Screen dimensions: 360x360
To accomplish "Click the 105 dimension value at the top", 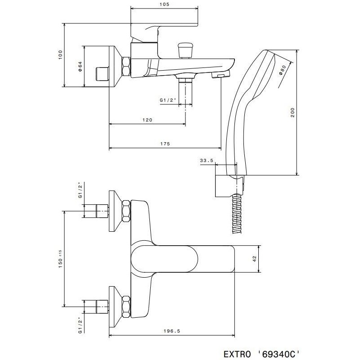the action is (x=164, y=4).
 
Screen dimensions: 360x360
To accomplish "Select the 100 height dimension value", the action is (x=60, y=55).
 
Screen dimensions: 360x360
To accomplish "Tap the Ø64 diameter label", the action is (x=80, y=67).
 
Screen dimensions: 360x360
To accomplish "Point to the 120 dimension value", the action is (x=147, y=120).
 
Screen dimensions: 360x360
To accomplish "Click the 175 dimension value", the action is (x=165, y=144).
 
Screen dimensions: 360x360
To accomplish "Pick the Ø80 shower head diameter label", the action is (x=282, y=70).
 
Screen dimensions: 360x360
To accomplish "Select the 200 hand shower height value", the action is (x=293, y=112).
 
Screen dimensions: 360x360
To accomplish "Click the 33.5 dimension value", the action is (x=207, y=161).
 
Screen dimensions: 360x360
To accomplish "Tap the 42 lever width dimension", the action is (x=254, y=259).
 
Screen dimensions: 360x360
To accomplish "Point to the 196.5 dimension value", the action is (x=172, y=331).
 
